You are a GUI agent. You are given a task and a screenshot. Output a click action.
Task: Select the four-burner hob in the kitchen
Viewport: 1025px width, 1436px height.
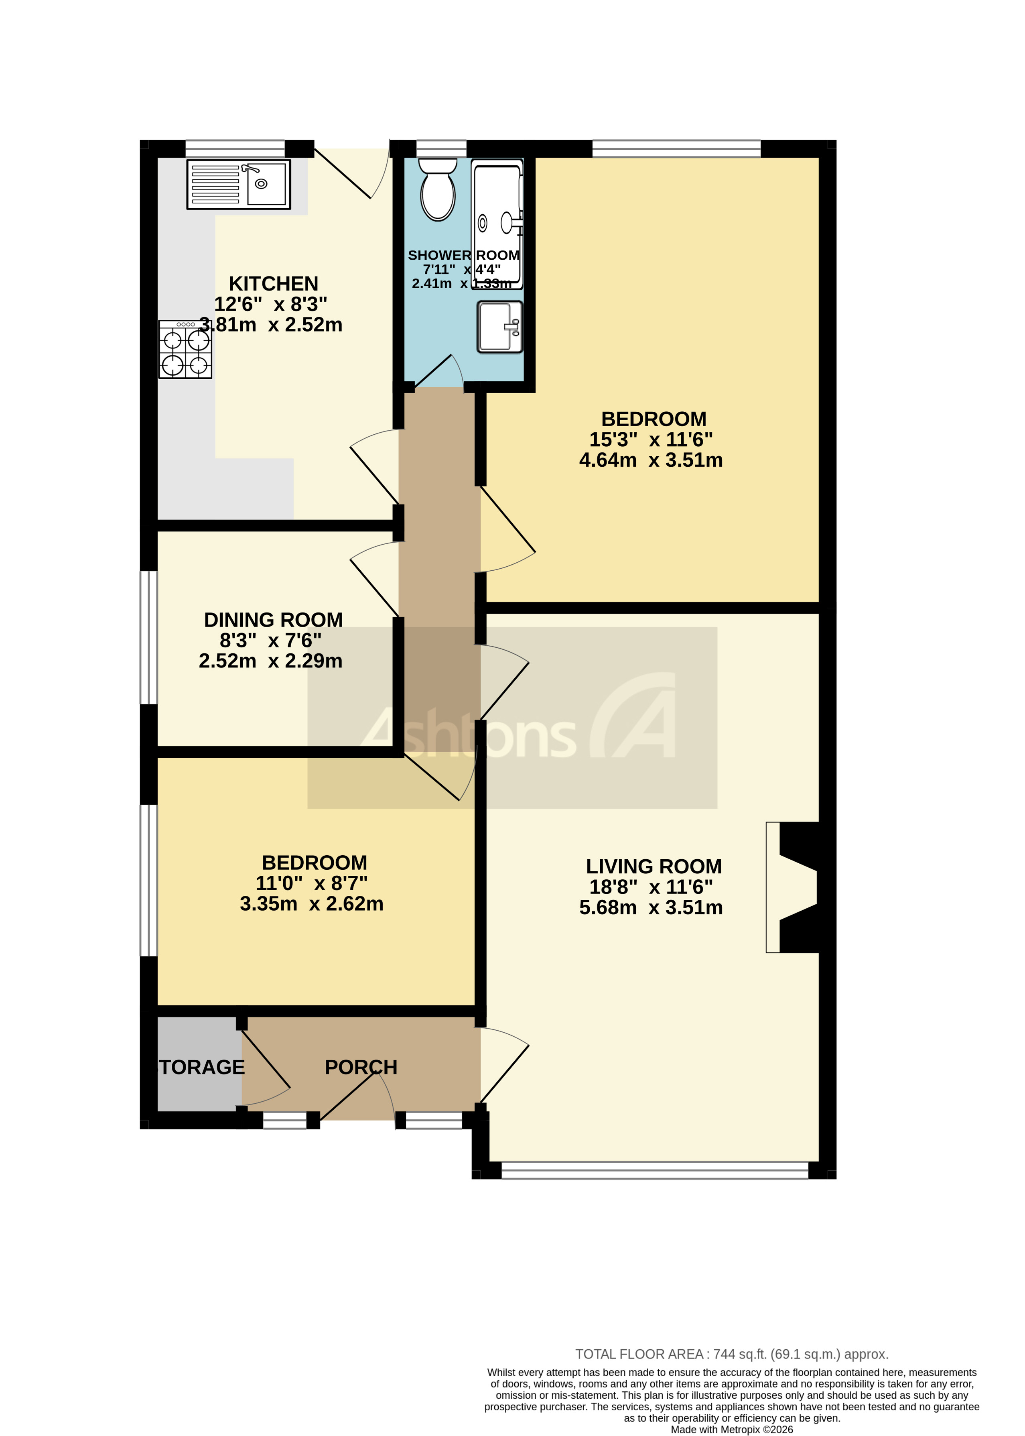pyautogui.click(x=185, y=349)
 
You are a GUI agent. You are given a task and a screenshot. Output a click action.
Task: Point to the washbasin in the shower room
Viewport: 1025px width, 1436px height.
pyautogui.click(x=499, y=326)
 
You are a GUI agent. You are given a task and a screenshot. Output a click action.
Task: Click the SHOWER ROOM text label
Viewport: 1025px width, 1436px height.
pyautogui.click(x=463, y=255)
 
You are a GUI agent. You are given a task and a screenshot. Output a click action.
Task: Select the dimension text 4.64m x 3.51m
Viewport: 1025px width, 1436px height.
pyautogui.click(x=651, y=460)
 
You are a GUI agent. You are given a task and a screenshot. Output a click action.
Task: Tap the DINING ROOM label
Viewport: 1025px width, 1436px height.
pyautogui.click(x=273, y=620)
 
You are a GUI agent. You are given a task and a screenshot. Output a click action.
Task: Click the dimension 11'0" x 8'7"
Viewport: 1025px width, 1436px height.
pyautogui.click(x=311, y=883)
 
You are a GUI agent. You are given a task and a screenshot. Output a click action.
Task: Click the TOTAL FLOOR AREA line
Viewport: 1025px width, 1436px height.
pyautogui.click(x=731, y=1353)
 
